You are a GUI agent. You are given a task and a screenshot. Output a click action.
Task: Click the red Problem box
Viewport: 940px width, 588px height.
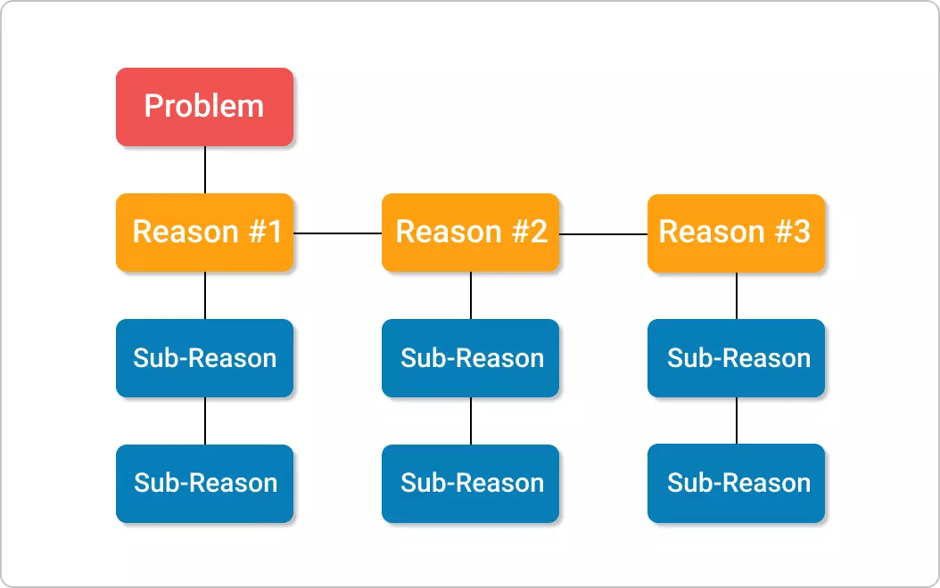[204, 107]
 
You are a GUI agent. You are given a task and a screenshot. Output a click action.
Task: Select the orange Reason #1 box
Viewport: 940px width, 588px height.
[204, 233]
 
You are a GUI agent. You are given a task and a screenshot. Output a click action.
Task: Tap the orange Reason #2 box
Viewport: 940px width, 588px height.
[470, 233]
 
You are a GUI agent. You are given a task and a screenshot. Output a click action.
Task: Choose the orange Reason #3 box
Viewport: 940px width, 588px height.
[736, 233]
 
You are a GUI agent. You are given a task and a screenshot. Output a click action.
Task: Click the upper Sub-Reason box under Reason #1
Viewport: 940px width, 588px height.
[204, 358]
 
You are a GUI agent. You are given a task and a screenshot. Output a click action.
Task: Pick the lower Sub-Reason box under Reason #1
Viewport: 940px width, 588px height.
[204, 484]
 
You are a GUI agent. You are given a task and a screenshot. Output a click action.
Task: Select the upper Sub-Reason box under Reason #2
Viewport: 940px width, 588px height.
[470, 358]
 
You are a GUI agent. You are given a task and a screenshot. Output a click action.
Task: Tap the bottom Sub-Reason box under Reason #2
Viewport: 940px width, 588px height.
[470, 484]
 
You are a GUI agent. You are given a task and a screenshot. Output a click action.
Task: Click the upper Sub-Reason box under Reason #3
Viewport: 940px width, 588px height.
[736, 358]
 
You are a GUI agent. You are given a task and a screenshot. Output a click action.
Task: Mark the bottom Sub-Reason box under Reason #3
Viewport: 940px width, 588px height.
[736, 484]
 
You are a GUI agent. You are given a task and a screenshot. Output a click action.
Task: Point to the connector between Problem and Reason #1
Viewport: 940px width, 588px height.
[205, 169]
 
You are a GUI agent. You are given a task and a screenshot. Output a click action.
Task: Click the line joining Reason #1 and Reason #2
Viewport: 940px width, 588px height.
[337, 233]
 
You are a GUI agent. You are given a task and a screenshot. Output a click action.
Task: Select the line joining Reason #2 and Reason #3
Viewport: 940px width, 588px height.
[603, 234]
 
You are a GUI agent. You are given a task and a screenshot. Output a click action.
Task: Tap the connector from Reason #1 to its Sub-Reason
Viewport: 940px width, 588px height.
[205, 295]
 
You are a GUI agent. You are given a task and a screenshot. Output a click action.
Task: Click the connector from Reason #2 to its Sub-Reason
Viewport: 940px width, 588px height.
[471, 295]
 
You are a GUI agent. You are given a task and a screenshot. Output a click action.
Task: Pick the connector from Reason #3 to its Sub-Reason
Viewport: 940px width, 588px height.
[737, 295]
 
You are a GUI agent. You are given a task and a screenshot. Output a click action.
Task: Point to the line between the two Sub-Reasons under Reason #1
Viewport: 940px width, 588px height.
[205, 421]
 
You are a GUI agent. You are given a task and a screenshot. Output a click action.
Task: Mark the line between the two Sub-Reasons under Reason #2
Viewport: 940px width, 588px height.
[471, 421]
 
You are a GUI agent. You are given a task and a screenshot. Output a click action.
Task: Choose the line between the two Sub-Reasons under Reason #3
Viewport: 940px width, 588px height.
[737, 421]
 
